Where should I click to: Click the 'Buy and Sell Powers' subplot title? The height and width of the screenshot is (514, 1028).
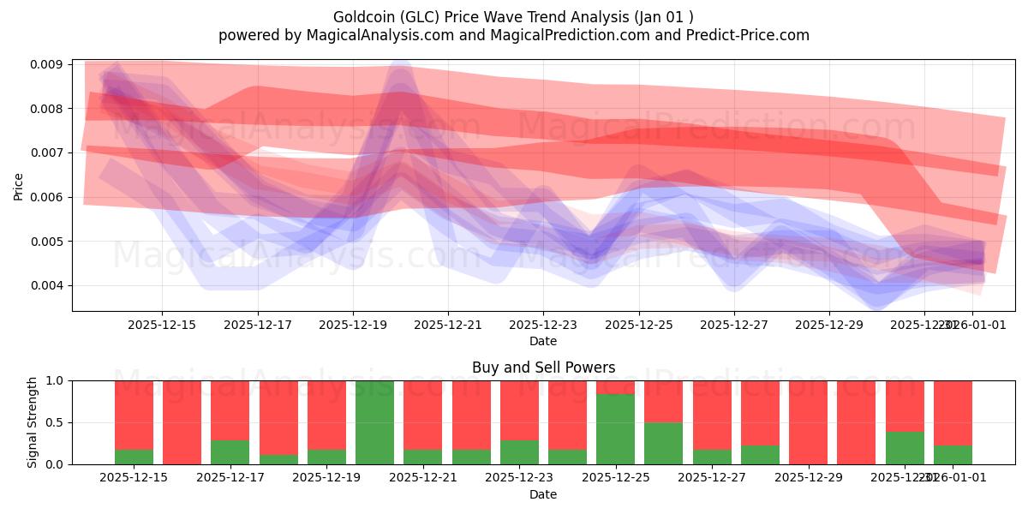pyautogui.click(x=543, y=368)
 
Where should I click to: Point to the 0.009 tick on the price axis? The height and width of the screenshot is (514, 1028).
pyautogui.click(x=49, y=64)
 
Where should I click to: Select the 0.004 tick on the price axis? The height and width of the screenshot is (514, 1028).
pyautogui.click(x=49, y=285)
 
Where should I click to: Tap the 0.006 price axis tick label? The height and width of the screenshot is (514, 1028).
pyautogui.click(x=49, y=197)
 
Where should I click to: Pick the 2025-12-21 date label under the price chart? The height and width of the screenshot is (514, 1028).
pyautogui.click(x=447, y=325)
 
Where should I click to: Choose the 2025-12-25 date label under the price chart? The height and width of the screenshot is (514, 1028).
pyautogui.click(x=638, y=325)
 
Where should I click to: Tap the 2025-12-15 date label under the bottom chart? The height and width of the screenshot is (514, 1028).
pyautogui.click(x=134, y=477)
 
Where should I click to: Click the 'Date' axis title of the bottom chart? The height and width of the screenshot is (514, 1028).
pyautogui.click(x=543, y=494)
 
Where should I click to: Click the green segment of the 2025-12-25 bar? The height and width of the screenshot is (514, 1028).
pyautogui.click(x=615, y=428)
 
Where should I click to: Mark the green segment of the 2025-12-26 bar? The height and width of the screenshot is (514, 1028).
pyautogui.click(x=663, y=443)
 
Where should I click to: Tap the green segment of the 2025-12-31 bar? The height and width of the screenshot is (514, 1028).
pyautogui.click(x=905, y=447)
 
